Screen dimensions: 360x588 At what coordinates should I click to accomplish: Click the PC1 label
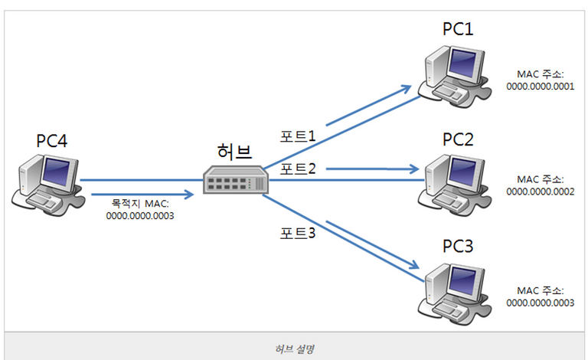click(x=459, y=29)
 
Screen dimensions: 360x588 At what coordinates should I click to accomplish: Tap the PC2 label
click(x=459, y=140)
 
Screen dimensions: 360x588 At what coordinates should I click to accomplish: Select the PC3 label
click(x=459, y=247)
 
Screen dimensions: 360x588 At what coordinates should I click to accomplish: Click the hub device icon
click(x=235, y=180)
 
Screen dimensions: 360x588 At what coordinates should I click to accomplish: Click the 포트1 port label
click(x=298, y=136)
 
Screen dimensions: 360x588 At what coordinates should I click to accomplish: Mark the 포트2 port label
click(x=298, y=168)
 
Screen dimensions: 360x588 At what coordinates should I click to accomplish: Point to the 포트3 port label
click(x=298, y=231)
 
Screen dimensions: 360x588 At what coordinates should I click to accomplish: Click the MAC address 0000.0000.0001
click(x=540, y=87)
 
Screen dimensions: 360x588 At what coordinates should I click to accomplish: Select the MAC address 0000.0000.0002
click(x=540, y=191)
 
